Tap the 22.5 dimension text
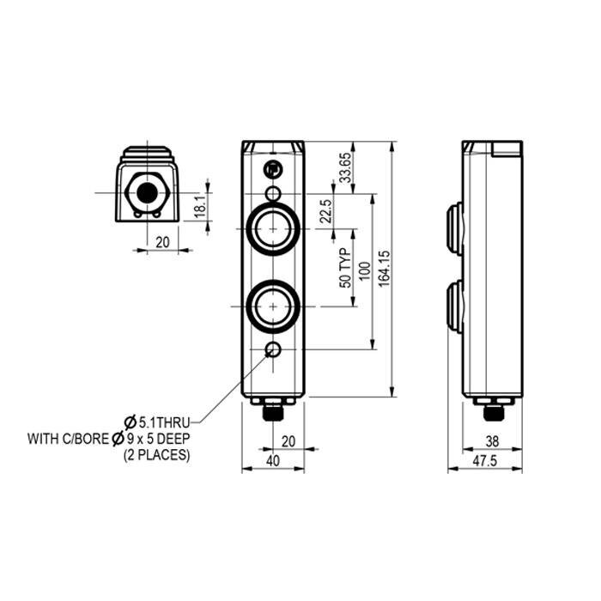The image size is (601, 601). click(x=325, y=211)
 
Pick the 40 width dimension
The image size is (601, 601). click(x=273, y=461)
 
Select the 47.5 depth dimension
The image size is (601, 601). click(x=485, y=461)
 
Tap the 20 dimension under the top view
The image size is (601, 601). click(x=163, y=242)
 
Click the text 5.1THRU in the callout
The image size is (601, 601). click(x=163, y=422)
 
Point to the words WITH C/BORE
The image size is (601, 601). click(x=66, y=439)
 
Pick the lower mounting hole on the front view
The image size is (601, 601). click(x=272, y=349)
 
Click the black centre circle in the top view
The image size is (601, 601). click(x=149, y=192)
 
